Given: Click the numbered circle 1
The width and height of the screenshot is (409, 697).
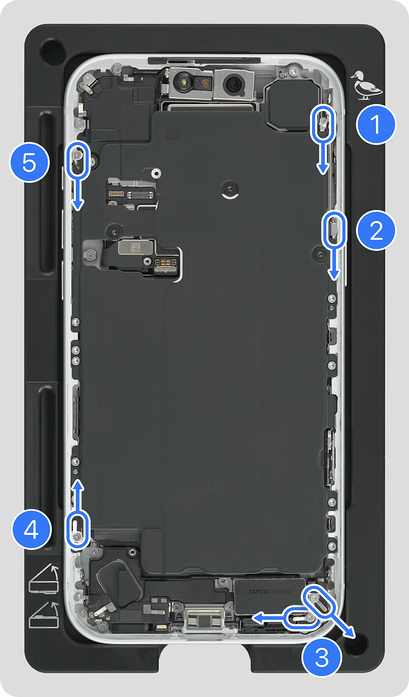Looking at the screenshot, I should coord(376,125).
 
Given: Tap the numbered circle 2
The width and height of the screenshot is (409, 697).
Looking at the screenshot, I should coord(376,230).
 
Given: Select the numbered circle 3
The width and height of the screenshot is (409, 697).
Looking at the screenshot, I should coord(322,657).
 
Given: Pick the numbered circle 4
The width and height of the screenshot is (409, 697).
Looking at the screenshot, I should coord(31,529).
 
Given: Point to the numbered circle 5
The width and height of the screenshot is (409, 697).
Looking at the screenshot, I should coord(29,163).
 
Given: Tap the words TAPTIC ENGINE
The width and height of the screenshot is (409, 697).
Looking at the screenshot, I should coord(270,592).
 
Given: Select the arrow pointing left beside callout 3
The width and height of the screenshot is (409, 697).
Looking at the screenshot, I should coord(267,618).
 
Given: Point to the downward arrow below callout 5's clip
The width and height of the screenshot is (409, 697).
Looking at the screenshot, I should coord(78,193).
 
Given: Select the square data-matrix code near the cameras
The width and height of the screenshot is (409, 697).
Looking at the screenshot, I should coord(173,132).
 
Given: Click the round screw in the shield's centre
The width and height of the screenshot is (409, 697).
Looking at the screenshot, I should coord(230,189).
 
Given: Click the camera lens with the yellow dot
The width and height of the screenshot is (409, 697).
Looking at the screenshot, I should coord(185,83).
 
